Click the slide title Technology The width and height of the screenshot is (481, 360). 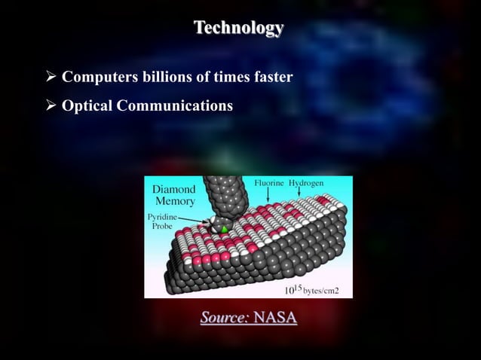click(x=238, y=29)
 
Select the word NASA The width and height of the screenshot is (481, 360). click(x=275, y=319)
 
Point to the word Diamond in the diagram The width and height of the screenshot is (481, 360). click(x=175, y=190)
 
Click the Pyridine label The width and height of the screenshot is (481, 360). click(x=164, y=216)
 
